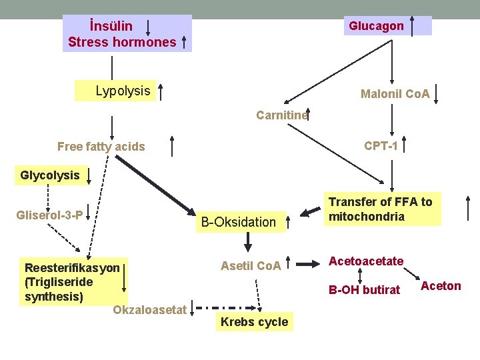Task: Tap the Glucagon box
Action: (376, 26)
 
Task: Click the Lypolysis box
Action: (123, 91)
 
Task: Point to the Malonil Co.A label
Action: (395, 94)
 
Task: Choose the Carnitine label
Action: (282, 115)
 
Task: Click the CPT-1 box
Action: (381, 145)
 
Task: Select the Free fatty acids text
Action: (101, 147)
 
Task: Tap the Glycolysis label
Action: (50, 176)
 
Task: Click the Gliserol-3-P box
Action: (51, 215)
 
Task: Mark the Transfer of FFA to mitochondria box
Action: (380, 209)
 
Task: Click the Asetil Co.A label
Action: (250, 266)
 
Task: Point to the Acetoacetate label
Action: (366, 261)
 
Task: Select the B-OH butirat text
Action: (364, 289)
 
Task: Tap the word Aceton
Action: (441, 286)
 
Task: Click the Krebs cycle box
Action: (254, 322)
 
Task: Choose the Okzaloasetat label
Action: (149, 310)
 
